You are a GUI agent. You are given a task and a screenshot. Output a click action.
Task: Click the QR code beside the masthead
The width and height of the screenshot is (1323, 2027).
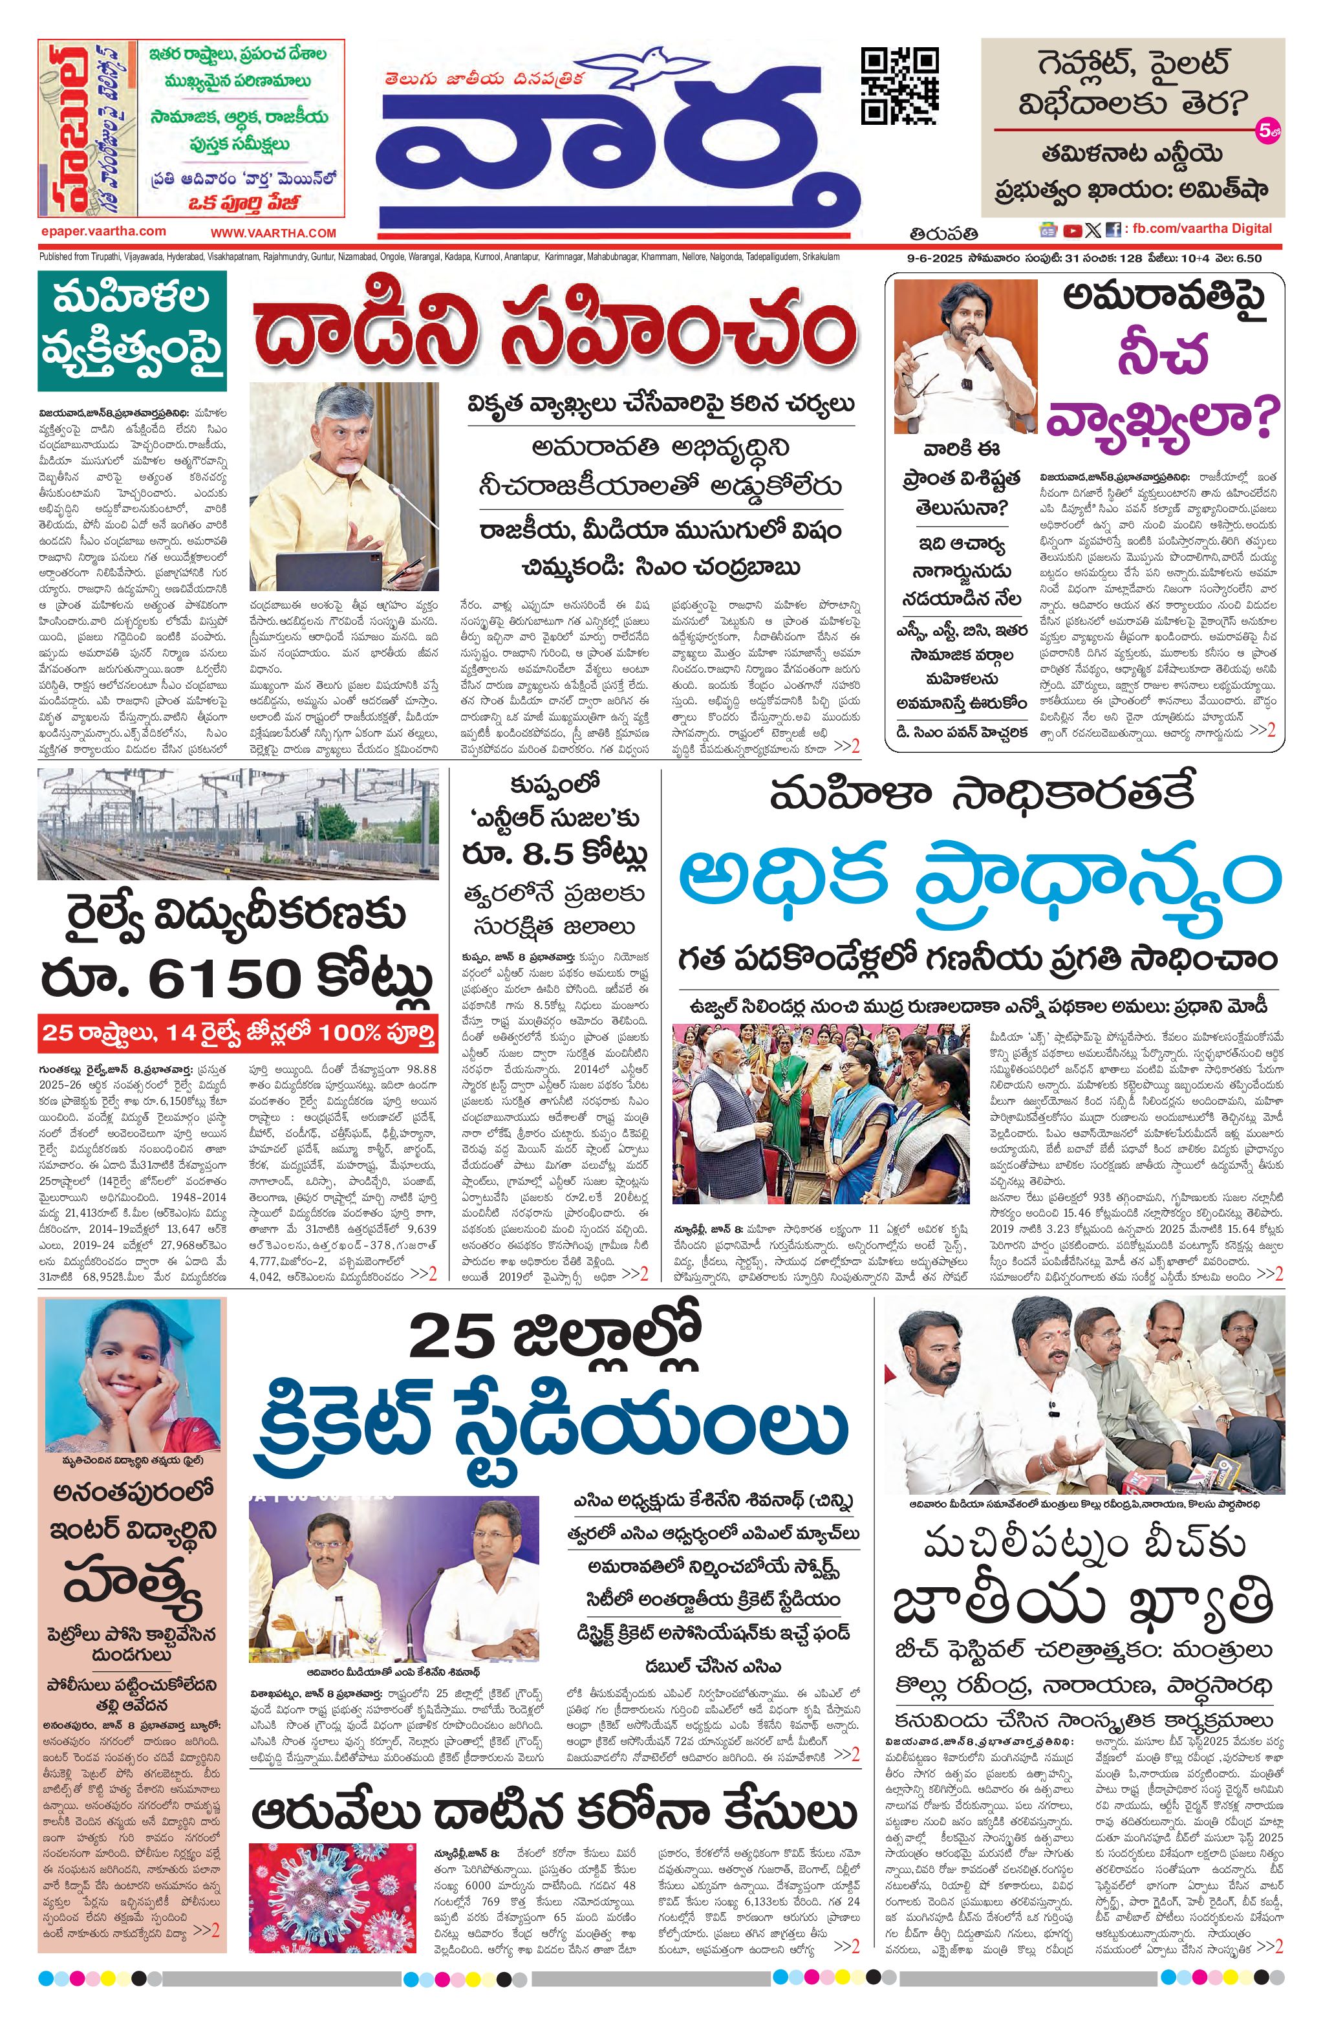click(x=900, y=85)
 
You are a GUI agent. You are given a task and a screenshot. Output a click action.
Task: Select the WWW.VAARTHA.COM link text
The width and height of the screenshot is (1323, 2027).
click(x=274, y=232)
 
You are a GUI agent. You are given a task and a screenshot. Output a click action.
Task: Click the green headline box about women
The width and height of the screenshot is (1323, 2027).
click(x=131, y=331)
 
